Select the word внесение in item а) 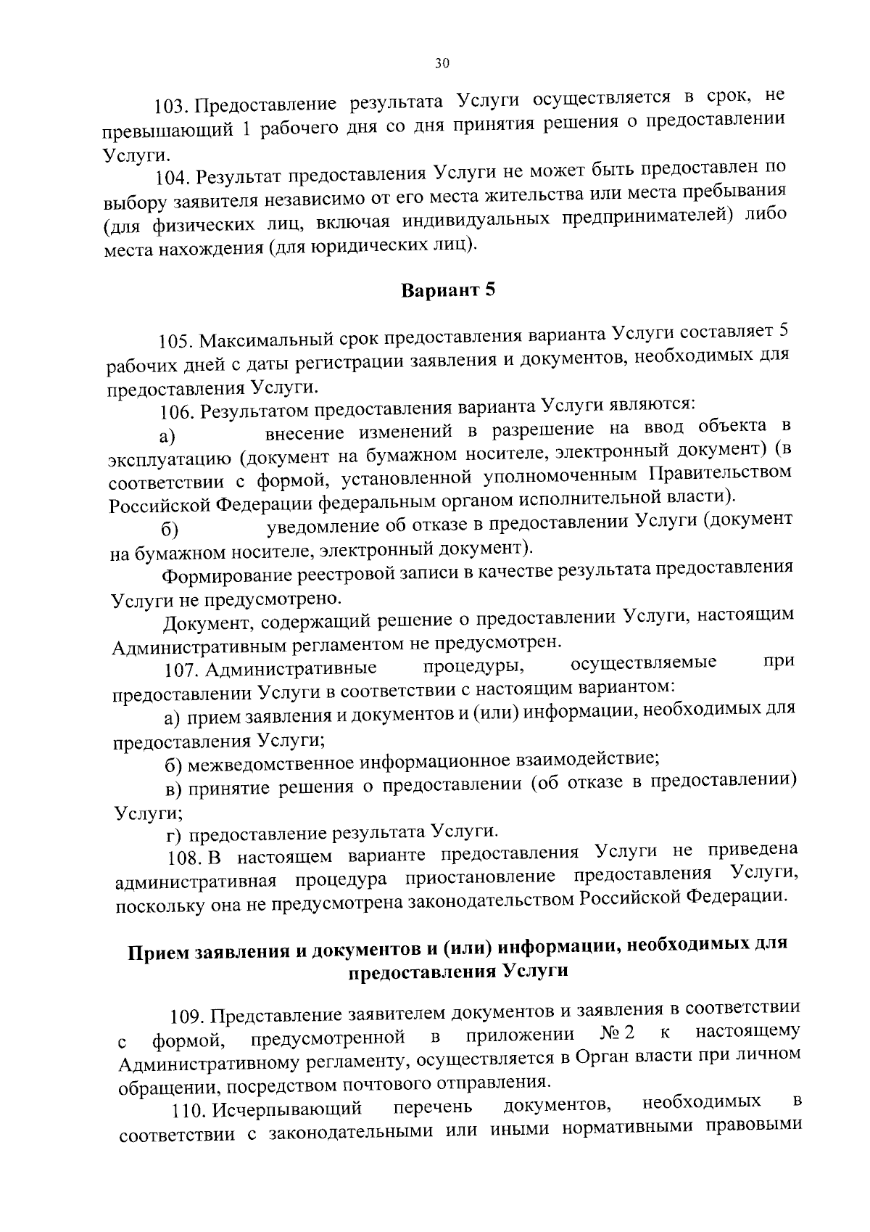(x=304, y=434)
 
